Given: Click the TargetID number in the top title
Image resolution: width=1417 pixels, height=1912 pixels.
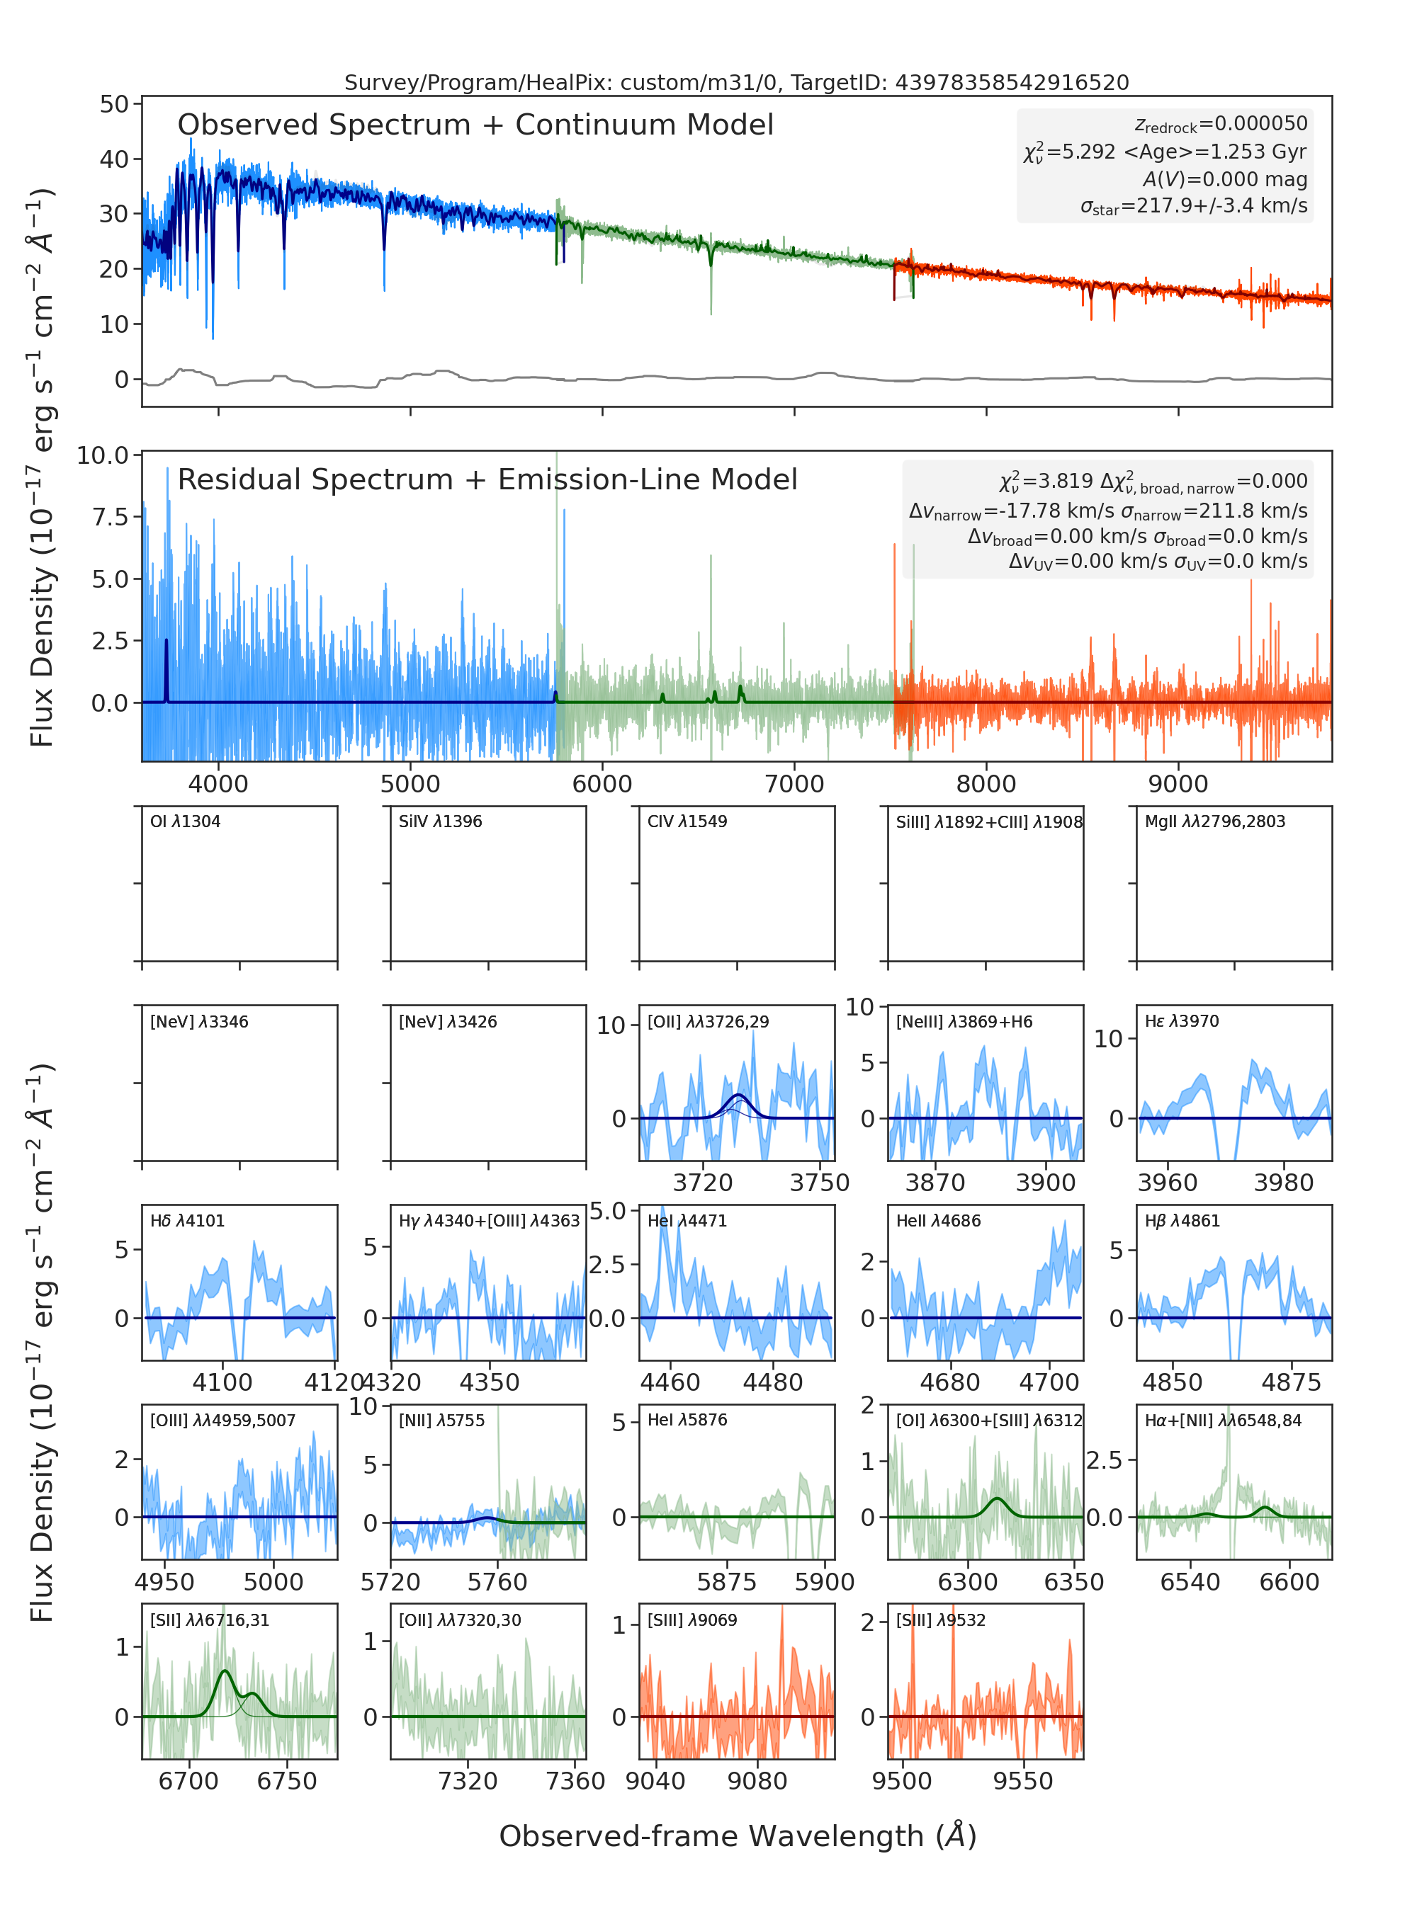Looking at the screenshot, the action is pyautogui.click(x=1012, y=82).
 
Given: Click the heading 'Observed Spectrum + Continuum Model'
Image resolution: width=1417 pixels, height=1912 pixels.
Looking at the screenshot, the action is pyautogui.click(x=475, y=125).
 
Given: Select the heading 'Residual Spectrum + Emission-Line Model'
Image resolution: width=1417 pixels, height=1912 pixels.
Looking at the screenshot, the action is pyautogui.click(x=487, y=479).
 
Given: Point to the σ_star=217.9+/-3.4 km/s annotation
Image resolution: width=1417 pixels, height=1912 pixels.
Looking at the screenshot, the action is pyautogui.click(x=1194, y=207).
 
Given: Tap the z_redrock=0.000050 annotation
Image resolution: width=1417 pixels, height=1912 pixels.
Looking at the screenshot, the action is pyautogui.click(x=1221, y=125).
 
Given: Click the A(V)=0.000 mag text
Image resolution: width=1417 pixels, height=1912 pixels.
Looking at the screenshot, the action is pyautogui.click(x=1225, y=179).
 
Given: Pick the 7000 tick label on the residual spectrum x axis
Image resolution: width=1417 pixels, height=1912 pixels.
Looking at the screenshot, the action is pyautogui.click(x=794, y=784).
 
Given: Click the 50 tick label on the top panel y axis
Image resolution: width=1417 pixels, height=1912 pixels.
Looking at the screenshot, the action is pyautogui.click(x=114, y=105).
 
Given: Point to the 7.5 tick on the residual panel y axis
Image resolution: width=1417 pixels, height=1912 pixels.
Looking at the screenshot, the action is pyautogui.click(x=111, y=517).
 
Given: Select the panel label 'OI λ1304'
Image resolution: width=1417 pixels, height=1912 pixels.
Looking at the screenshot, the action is pyautogui.click(x=186, y=821).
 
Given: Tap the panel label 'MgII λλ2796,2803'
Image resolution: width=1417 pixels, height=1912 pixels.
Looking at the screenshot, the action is pyautogui.click(x=1215, y=821).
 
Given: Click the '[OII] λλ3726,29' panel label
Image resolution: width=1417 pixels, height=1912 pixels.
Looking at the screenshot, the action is pyautogui.click(x=708, y=1022).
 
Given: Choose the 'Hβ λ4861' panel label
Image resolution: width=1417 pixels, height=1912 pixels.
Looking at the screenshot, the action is pyautogui.click(x=1182, y=1221).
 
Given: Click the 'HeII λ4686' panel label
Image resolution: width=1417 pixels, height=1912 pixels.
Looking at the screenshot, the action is pyautogui.click(x=938, y=1221).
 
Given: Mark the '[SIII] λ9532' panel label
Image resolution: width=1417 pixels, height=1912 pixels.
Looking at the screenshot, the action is pyautogui.click(x=941, y=1620).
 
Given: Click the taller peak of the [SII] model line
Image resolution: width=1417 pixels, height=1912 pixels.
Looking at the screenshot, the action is pyautogui.click(x=225, y=1671).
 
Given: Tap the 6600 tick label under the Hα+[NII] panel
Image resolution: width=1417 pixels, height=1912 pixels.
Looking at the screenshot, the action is pyautogui.click(x=1289, y=1582).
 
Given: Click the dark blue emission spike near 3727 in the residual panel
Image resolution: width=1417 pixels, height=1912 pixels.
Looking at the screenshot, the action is pyautogui.click(x=166, y=671).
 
